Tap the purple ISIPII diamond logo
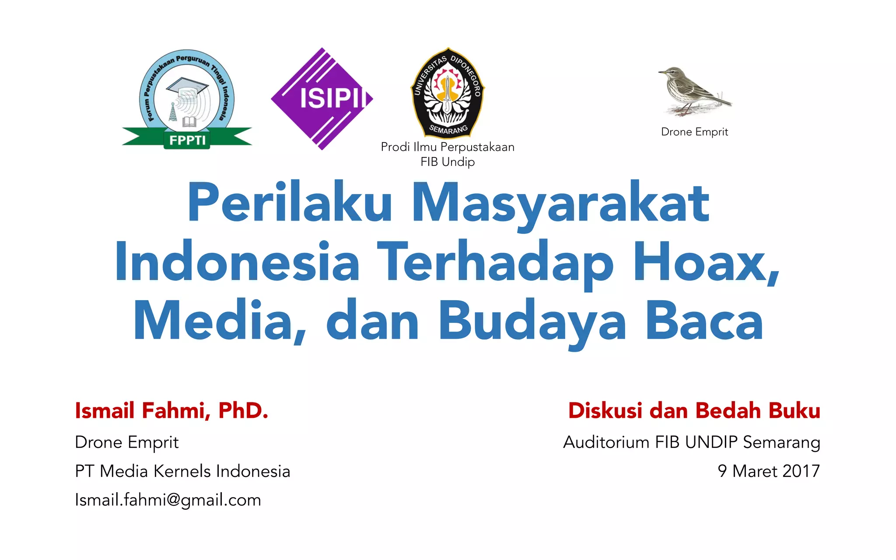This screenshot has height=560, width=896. point(322,98)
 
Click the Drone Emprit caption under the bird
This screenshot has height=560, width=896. point(694,132)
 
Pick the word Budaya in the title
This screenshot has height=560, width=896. point(532,322)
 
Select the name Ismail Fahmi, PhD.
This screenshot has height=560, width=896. point(171,410)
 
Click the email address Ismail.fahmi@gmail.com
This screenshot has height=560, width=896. point(168,500)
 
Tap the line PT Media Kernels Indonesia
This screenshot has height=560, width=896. point(182,471)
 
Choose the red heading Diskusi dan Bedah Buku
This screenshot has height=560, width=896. point(694,410)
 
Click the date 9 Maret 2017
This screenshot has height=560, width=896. point(768,471)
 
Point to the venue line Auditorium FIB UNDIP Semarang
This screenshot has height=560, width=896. point(691,442)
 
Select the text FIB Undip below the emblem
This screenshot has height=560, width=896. point(448,162)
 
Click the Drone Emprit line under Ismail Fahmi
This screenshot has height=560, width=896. point(127,442)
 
